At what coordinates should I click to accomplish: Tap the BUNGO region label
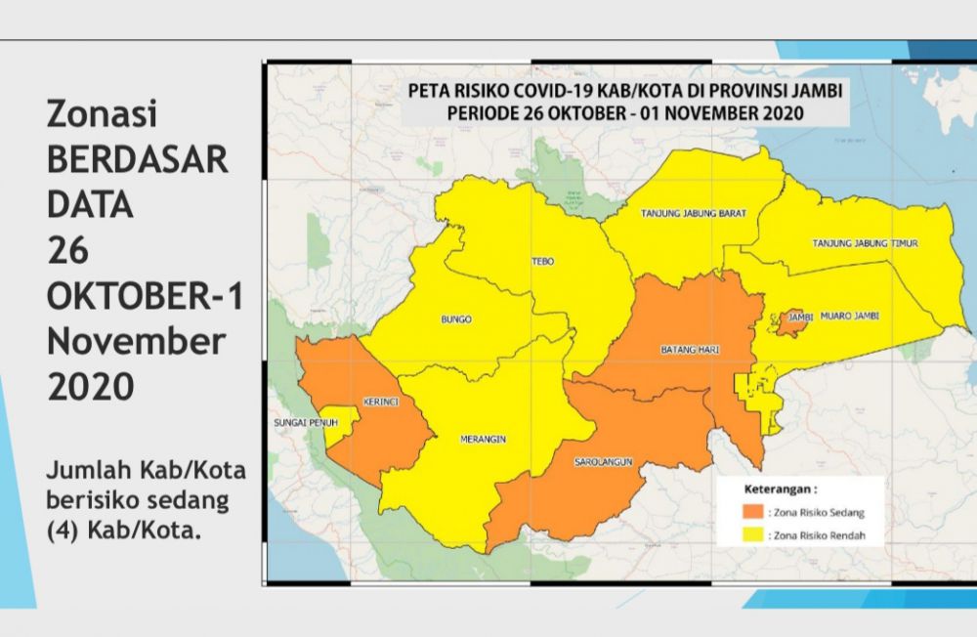point(456,319)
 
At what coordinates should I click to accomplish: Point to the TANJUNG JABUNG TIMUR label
point(867,242)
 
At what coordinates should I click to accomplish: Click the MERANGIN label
point(483,440)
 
